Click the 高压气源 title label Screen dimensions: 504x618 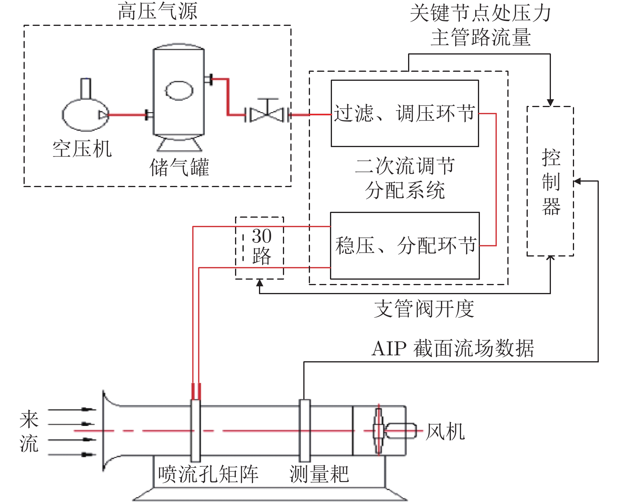pos(157,11)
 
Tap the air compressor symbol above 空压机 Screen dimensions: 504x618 pos(85,114)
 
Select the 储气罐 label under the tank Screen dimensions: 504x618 pos(179,168)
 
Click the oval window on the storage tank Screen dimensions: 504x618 pos(179,91)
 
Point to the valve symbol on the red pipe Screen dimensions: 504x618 pos(267,114)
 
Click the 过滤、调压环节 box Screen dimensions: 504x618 pos(405,114)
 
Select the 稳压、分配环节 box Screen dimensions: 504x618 pos(405,246)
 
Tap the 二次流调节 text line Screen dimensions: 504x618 pos(405,166)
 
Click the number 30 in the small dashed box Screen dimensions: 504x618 pos(261,236)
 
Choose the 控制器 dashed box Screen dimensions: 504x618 pos(550,181)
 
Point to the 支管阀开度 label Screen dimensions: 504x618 pos(424,309)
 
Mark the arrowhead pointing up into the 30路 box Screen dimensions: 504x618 pos(259,282)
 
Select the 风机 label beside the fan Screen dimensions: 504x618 pos(445,432)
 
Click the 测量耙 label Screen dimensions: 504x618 pos(319,474)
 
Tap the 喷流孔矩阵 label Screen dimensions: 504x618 pos(208,474)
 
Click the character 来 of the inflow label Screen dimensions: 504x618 pos(29,419)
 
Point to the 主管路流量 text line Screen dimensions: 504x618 pos(480,38)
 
